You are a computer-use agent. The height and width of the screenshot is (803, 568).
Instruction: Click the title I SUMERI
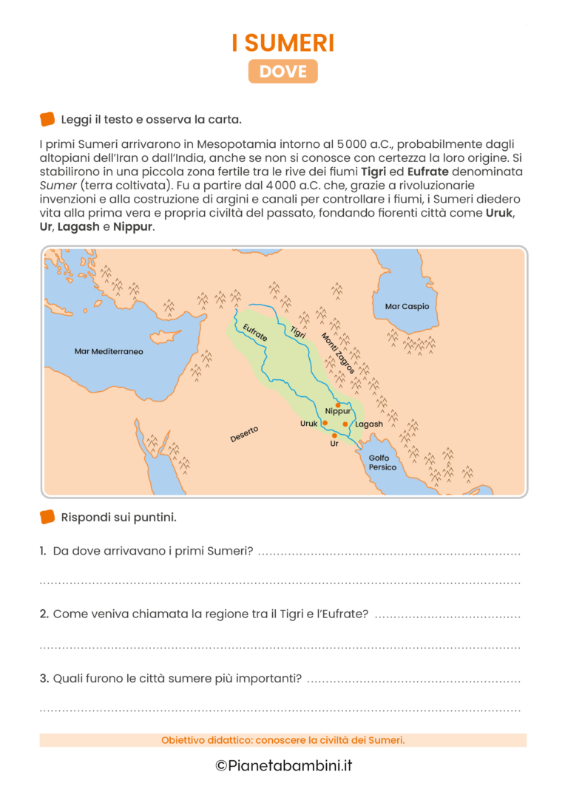pyautogui.click(x=283, y=42)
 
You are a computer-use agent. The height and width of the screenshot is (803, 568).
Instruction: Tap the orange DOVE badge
pyautogui.click(x=283, y=71)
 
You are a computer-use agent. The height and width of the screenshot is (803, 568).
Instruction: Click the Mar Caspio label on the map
pyautogui.click(x=407, y=306)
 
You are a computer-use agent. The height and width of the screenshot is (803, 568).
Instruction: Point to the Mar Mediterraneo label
pyautogui.click(x=109, y=351)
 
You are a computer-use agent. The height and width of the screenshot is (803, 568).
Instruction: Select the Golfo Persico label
pyautogui.click(x=382, y=463)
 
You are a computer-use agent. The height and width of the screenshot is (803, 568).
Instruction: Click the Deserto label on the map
pyautogui.click(x=244, y=434)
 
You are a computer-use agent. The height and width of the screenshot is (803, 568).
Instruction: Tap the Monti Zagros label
pyautogui.click(x=338, y=353)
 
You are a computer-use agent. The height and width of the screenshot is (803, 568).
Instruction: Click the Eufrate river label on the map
pyautogui.click(x=255, y=336)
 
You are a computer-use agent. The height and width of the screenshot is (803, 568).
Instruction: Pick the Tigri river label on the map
pyautogui.click(x=298, y=333)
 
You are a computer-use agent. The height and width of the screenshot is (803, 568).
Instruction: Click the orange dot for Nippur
pyautogui.click(x=338, y=404)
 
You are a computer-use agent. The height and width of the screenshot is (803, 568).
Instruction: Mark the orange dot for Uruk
pyautogui.click(x=325, y=423)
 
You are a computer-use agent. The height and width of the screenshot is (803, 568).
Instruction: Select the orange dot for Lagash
pyautogui.click(x=345, y=424)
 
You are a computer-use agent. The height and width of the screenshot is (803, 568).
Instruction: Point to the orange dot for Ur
pyautogui.click(x=334, y=436)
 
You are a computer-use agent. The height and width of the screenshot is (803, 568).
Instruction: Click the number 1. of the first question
pyautogui.click(x=44, y=551)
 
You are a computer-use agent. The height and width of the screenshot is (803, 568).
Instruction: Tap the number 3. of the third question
pyautogui.click(x=44, y=678)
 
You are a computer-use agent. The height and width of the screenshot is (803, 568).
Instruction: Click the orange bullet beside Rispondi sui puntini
pyautogui.click(x=47, y=517)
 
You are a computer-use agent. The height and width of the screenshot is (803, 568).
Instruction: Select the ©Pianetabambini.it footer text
pyautogui.click(x=283, y=765)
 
